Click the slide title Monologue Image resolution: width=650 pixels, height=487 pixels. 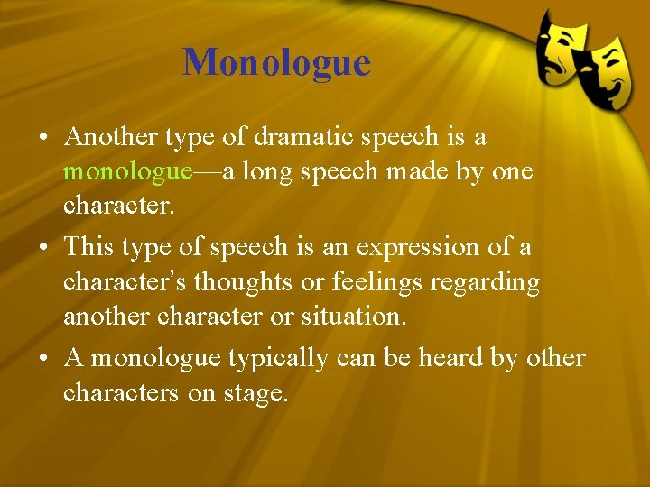[276, 62]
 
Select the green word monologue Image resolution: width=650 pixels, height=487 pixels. [127, 172]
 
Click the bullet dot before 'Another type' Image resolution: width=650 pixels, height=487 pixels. [43, 138]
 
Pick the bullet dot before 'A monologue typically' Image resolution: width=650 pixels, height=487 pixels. [43, 358]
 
